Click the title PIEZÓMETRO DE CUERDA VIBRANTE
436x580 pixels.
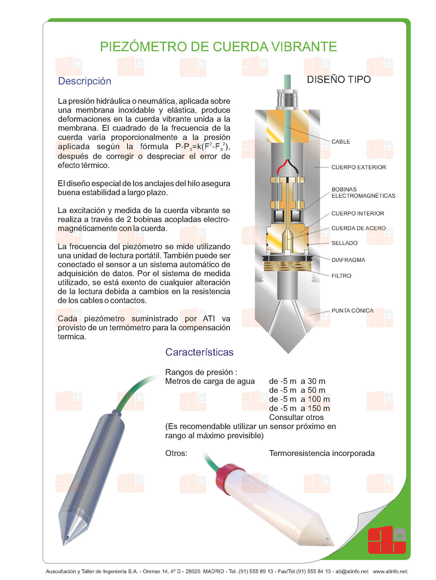point(218,47)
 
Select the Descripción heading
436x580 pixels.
point(84,81)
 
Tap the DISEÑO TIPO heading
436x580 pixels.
point(339,79)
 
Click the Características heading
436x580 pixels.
point(199,352)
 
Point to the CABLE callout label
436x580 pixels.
point(341,142)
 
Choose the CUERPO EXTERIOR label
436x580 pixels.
point(359,167)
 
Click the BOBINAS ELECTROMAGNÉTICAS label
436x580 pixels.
point(363,193)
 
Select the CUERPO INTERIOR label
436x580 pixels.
point(358,214)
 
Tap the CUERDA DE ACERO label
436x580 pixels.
point(359,228)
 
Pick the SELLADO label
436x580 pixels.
point(344,243)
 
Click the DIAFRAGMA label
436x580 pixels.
point(348,260)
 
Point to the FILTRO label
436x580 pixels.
point(341,276)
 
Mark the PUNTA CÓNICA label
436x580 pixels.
point(352,311)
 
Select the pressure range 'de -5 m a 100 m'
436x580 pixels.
point(299,399)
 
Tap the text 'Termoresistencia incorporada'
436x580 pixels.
point(322,453)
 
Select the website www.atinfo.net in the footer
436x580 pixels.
point(390,571)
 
